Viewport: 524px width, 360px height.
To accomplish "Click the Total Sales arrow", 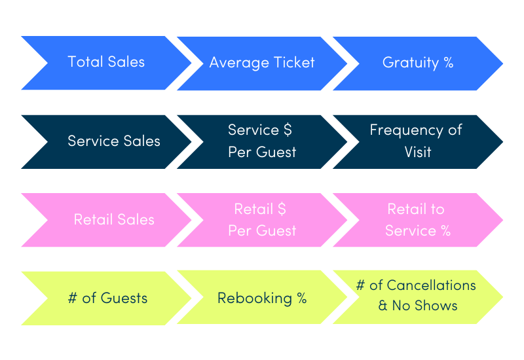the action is point(106,63).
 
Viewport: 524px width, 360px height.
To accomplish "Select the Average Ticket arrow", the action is point(262,63).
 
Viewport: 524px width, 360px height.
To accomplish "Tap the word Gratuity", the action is point(411,63).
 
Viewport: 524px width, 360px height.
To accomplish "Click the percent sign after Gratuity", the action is point(449,62).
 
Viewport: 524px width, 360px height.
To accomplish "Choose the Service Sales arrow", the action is point(106,142).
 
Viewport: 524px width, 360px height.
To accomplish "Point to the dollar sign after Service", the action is point(288,130).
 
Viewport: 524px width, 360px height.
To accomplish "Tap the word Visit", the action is point(418,152).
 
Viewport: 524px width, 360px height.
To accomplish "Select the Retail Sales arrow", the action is point(106,220).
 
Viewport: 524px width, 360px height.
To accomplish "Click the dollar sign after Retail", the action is point(282,209).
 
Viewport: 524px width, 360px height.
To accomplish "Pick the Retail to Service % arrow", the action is point(418,220).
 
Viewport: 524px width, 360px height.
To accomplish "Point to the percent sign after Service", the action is point(446,230).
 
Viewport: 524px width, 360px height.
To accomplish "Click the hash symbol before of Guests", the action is point(73,298).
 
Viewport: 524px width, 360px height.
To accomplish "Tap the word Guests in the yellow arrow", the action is point(124,298).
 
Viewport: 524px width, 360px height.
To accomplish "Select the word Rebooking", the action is point(255,298).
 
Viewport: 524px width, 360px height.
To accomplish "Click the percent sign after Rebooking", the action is point(302,298).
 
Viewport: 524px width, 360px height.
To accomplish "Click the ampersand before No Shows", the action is point(383,306).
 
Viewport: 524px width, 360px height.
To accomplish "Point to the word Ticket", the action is point(294,62).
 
